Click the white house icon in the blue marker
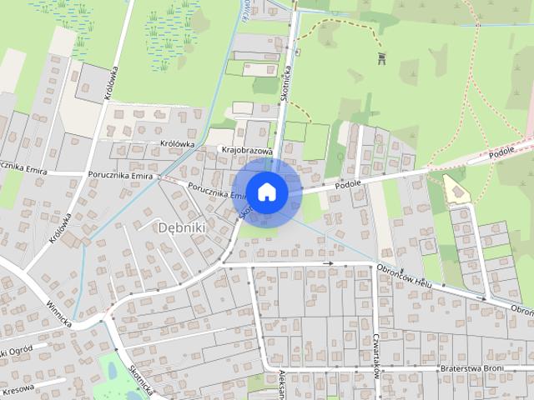click(266, 192)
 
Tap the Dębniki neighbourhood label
click(181, 227)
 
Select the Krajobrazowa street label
click(249, 151)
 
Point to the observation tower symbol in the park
click(383, 57)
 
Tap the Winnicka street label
click(59, 312)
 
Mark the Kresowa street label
click(18, 389)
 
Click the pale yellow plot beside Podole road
click(456, 189)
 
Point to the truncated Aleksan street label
click(283, 385)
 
